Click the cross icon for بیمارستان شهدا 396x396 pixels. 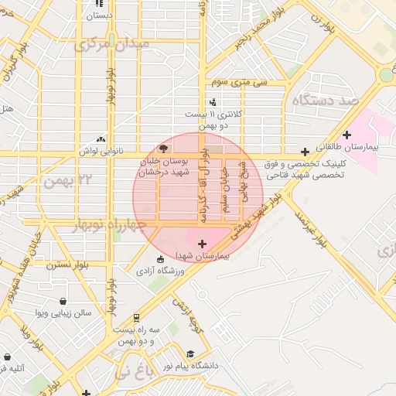pos(203,244)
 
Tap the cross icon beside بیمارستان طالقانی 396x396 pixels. pos(347,135)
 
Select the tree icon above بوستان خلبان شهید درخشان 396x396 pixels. pos(162,148)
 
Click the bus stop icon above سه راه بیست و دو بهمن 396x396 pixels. pos(136,317)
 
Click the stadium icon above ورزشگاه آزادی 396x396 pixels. pos(160,259)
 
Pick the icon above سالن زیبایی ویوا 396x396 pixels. pos(63,302)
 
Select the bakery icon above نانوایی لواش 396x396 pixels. pos(101,139)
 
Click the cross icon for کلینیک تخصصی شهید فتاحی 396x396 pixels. pos(306,152)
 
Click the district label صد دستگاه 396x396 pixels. pos(323,101)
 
